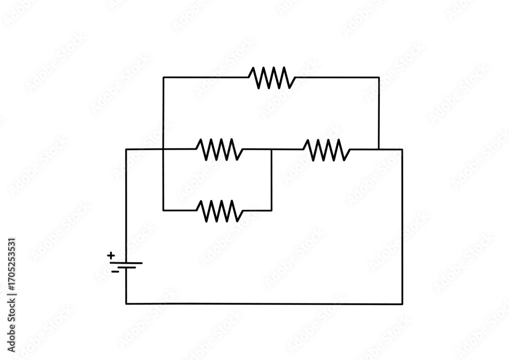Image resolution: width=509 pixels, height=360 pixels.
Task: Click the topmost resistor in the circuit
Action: click(272, 77)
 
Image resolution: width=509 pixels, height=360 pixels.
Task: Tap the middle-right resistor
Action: click(326, 150)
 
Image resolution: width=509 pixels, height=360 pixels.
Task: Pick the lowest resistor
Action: click(219, 210)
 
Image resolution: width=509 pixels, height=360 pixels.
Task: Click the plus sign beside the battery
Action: click(111, 255)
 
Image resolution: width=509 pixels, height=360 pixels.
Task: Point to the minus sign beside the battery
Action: click(115, 271)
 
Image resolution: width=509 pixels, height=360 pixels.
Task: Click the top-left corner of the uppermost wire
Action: click(163, 77)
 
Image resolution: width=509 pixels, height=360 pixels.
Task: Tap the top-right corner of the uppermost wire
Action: click(379, 77)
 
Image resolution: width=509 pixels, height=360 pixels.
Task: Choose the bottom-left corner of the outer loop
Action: click(126, 303)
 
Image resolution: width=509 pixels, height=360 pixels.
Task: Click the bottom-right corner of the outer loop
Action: click(402, 303)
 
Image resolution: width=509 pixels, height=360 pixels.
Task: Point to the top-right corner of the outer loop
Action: click(402, 149)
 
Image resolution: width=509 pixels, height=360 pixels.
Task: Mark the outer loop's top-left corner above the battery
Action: click(126, 149)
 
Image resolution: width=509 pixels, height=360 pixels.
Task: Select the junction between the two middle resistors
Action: click(271, 149)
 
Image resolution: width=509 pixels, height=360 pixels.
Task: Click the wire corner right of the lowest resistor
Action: click(271, 210)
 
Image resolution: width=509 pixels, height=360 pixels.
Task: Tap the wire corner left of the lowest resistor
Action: click(163, 210)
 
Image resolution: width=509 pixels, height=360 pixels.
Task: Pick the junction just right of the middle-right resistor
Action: click(379, 149)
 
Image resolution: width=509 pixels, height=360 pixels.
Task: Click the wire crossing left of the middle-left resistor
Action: click(163, 149)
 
